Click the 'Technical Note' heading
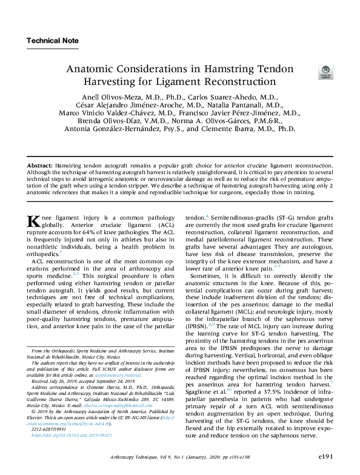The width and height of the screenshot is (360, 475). tap(53, 41)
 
